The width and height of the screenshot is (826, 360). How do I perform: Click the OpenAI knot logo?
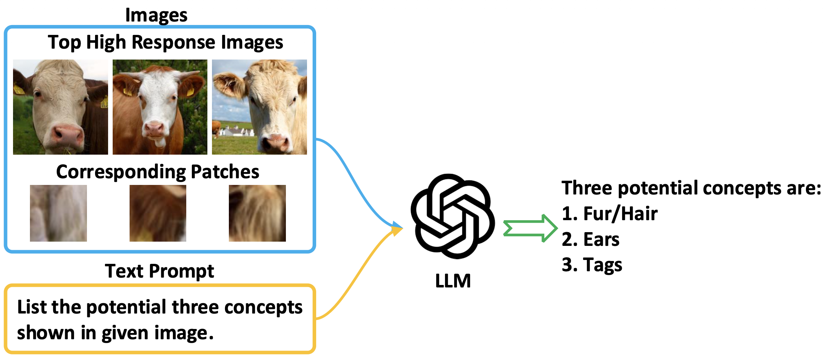(x=453, y=216)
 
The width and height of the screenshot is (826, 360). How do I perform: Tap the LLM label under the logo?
(x=453, y=281)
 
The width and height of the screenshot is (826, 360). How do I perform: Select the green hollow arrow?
(x=530, y=228)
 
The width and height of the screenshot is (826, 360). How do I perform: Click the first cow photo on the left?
(x=61, y=107)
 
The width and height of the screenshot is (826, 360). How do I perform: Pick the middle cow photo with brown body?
(x=160, y=107)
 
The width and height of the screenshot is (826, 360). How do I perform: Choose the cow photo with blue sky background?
(x=259, y=107)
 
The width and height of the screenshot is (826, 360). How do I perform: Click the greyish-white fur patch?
(x=58, y=213)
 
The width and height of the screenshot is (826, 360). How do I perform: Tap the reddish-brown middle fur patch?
(x=158, y=213)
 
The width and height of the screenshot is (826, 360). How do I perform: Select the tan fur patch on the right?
(x=257, y=213)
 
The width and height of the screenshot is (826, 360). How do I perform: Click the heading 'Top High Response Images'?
(x=165, y=42)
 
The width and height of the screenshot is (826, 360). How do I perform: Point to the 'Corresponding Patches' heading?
(x=158, y=172)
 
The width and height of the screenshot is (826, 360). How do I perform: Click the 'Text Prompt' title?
(x=159, y=271)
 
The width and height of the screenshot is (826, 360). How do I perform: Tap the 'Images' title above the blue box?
(x=156, y=15)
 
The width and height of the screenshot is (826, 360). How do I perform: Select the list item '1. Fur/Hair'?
(x=610, y=213)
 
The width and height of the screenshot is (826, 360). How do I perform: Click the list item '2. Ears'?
(x=591, y=239)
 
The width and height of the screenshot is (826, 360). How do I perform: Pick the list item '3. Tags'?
(x=592, y=265)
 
